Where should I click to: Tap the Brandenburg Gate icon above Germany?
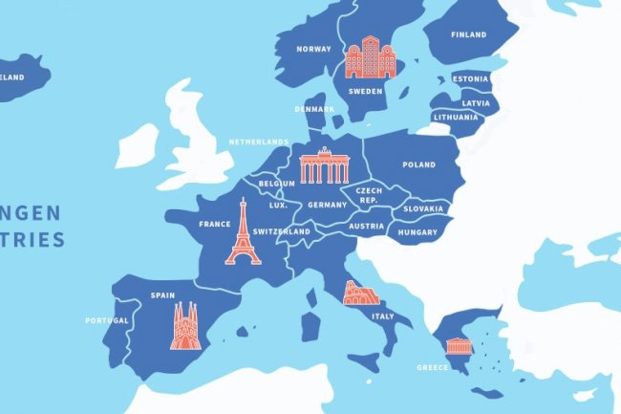pos(326,166)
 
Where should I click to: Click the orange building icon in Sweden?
pos(370,57)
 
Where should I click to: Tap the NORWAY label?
pos(313,49)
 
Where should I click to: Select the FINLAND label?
pos(469,35)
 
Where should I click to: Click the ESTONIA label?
pos(471,78)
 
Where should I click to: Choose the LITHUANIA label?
pos(455,117)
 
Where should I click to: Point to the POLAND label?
pos(418,164)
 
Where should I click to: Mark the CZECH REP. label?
pos(369,195)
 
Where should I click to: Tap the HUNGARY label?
pos(418,232)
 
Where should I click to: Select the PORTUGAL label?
pos(106,320)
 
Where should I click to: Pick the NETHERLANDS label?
pos(258,142)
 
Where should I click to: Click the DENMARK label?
pos(315,109)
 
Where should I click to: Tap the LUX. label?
pos(278,205)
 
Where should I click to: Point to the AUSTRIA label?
pos(366,227)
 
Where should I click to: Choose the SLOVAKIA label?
pos(423,208)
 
